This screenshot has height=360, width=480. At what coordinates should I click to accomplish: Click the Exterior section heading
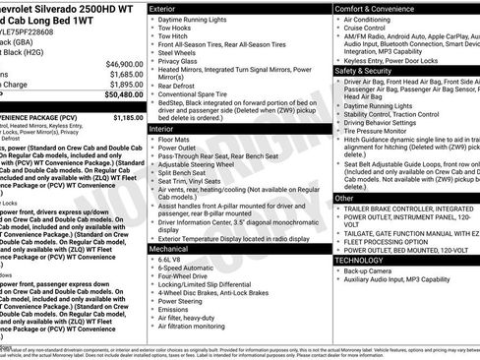[x=163, y=8]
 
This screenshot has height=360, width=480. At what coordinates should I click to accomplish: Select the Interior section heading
[x=162, y=129]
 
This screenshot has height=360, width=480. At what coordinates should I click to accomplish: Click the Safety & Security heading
[x=371, y=71]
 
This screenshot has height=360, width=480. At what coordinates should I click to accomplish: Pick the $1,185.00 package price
[x=128, y=117]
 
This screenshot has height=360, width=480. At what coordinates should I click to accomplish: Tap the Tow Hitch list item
[x=177, y=37]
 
